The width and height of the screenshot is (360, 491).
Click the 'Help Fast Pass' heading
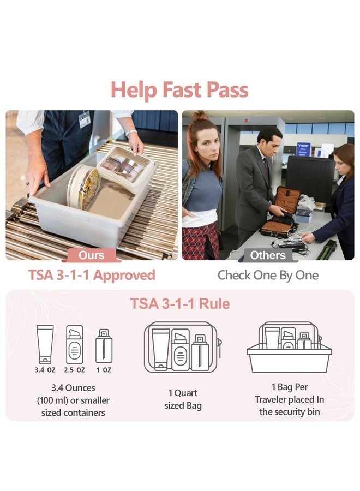tap(179, 90)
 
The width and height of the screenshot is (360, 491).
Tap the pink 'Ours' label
tap(91, 255)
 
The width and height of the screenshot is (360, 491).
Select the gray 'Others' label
tap(268, 255)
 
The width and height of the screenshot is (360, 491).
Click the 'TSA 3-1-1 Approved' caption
tap(92, 275)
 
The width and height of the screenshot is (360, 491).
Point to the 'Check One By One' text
tap(268, 275)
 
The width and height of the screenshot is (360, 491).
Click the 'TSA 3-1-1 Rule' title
tap(180, 303)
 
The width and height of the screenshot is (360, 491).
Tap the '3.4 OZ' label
tap(45, 370)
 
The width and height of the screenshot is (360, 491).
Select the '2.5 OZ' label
tap(74, 370)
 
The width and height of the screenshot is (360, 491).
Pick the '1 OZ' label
tap(104, 370)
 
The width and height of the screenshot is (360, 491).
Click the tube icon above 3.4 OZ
tap(45, 344)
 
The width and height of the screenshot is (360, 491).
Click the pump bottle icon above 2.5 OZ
tap(75, 344)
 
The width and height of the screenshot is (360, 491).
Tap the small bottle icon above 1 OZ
tap(104, 346)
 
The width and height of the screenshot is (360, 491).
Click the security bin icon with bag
tap(289, 348)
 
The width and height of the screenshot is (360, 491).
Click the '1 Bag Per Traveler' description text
tap(289, 399)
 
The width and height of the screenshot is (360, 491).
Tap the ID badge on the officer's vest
tap(84, 119)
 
